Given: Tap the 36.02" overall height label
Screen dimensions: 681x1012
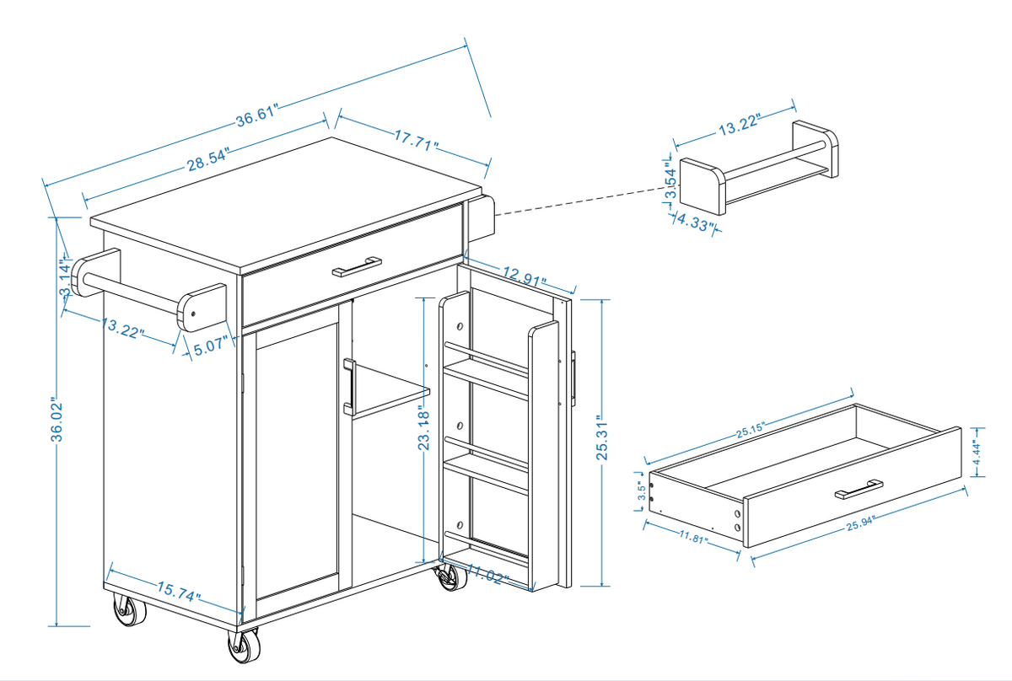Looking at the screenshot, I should (57, 419).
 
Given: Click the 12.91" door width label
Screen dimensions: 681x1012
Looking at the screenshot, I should (524, 276).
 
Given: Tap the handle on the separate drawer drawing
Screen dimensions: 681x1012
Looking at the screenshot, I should (859, 488).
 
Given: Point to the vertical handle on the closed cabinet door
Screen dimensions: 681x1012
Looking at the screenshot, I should (348, 386).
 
